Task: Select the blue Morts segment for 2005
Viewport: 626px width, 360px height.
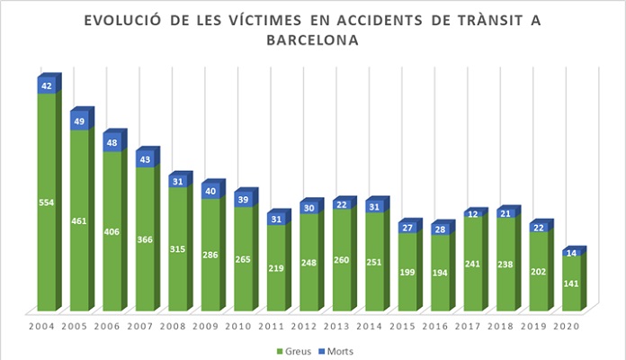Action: click(79, 121)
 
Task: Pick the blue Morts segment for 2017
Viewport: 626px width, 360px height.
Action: click(473, 214)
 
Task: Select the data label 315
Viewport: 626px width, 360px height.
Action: click(178, 249)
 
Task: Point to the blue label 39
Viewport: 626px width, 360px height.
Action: click(244, 199)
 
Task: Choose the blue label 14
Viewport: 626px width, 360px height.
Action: click(571, 254)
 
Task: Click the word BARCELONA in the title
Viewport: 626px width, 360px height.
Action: click(313, 40)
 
